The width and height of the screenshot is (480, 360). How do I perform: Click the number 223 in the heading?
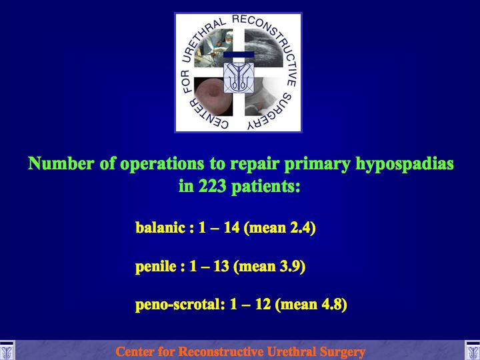212,185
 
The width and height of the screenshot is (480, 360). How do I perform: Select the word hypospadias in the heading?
405,163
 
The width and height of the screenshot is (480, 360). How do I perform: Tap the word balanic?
161,227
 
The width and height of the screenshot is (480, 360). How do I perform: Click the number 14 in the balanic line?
232,227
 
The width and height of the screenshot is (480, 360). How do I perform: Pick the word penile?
156,266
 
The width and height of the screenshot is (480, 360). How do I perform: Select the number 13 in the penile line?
221,266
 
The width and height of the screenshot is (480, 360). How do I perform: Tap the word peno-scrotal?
178,305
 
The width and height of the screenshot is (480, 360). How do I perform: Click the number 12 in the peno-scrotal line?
263,304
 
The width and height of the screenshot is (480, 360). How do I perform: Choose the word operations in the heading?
162,164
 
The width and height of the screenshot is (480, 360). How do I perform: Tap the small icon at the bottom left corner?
7,350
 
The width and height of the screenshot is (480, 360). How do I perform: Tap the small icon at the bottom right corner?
473,350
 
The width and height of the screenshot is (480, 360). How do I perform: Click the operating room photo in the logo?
213,48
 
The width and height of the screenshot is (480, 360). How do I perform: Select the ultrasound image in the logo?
263,48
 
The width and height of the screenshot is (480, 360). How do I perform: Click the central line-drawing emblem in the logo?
239,77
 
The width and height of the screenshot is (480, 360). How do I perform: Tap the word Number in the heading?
61,163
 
